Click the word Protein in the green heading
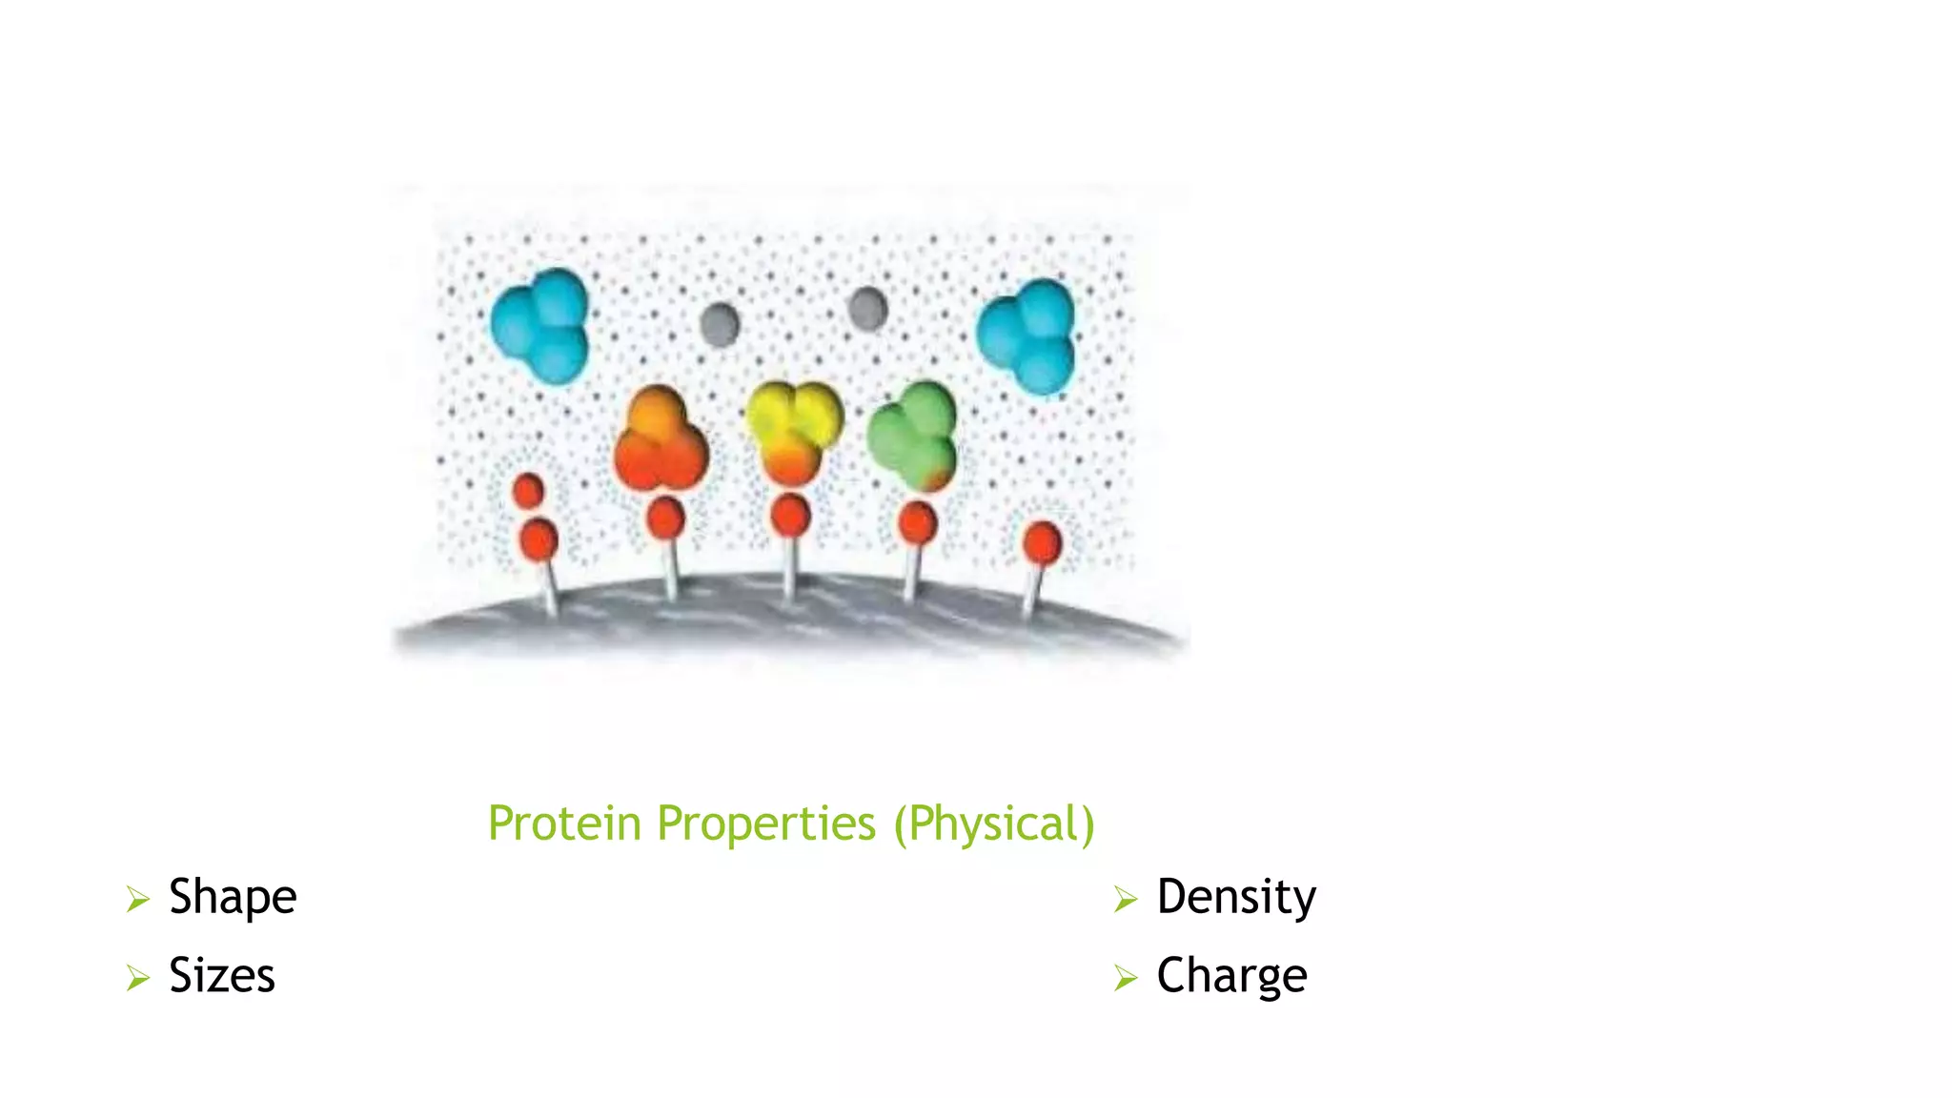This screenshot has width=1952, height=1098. (563, 823)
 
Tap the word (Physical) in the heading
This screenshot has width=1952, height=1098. (994, 823)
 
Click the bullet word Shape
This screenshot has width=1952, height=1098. (233, 897)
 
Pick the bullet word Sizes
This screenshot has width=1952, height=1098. (222, 976)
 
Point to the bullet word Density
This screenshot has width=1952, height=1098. (1236, 897)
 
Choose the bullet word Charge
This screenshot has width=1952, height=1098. (1231, 976)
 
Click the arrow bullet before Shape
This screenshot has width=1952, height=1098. (138, 899)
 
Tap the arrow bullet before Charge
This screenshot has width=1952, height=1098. (1126, 978)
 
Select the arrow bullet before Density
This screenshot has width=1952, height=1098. (1126, 899)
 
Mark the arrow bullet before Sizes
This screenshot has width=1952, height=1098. (138, 978)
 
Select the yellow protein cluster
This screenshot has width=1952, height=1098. (793, 431)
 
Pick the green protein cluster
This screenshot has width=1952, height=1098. (912, 435)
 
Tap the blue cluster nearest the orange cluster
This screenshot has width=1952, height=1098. (540, 325)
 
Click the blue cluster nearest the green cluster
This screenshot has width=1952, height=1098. (1027, 335)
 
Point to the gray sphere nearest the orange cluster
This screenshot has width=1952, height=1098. (720, 324)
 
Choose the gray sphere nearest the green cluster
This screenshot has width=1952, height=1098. (867, 309)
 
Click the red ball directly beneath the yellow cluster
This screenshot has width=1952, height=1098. (790, 516)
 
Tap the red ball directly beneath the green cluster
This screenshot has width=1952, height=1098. (918, 523)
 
